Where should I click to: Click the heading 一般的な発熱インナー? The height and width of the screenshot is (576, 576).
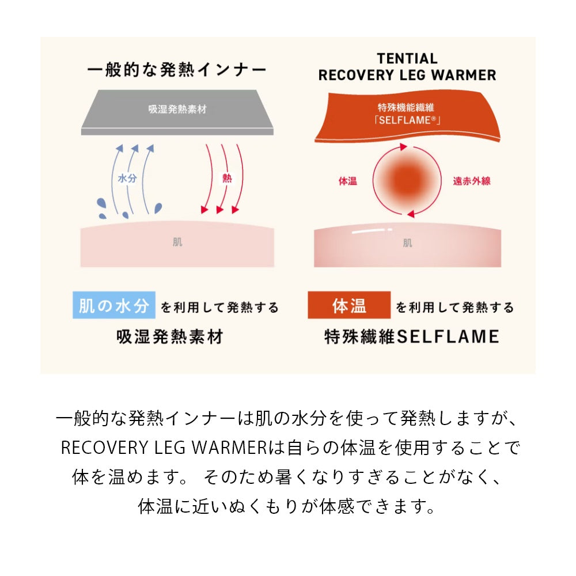[177, 71]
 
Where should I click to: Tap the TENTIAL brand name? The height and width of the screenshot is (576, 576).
[407, 59]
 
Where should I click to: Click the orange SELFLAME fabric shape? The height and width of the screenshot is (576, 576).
[407, 115]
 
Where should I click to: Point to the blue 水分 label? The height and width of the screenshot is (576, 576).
[127, 179]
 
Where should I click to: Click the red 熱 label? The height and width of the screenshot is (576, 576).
[226, 179]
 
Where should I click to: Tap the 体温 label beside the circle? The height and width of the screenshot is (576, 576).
[347, 181]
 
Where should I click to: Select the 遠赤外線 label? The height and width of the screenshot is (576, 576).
[472, 181]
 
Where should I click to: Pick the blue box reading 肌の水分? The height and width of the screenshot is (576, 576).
[114, 306]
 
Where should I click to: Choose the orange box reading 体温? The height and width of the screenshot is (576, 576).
[349, 306]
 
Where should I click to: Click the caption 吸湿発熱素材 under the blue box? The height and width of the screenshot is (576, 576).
[169, 336]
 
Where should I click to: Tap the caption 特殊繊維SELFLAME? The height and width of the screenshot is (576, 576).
[411, 336]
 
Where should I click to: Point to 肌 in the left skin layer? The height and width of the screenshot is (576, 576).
[177, 242]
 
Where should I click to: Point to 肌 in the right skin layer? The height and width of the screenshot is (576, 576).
[407, 243]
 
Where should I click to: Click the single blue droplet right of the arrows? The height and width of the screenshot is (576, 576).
[158, 207]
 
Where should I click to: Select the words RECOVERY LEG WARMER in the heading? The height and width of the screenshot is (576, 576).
[407, 75]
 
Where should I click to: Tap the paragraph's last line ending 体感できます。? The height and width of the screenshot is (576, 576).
[286, 506]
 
